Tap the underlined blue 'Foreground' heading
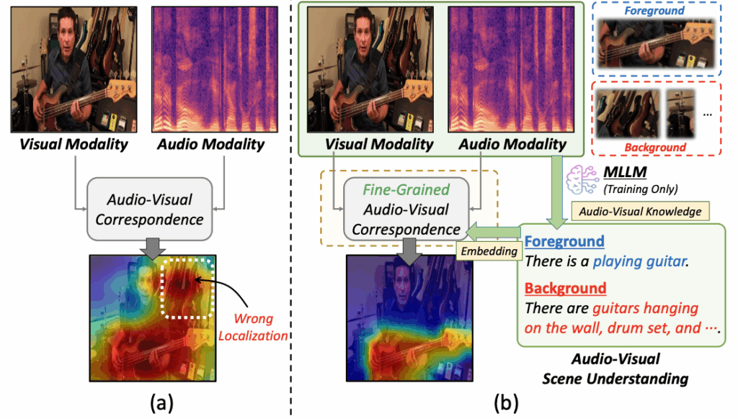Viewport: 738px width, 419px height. click(x=564, y=241)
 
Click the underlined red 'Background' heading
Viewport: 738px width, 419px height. click(x=565, y=288)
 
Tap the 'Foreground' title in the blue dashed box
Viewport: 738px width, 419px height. click(x=655, y=12)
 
